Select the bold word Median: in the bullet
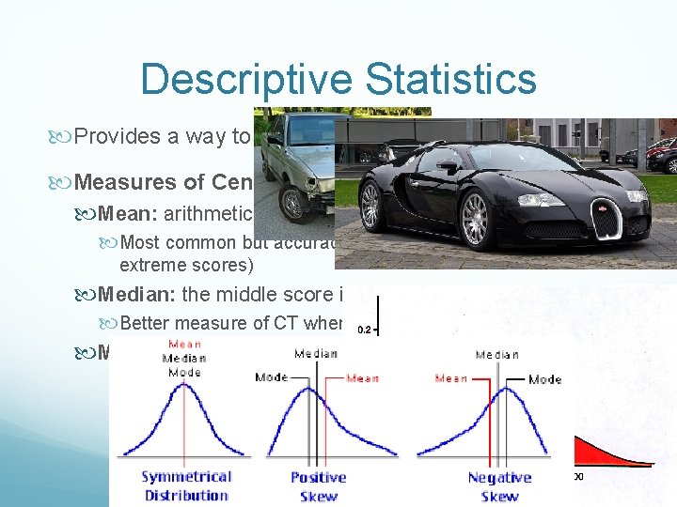[x=137, y=295]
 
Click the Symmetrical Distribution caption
[x=185, y=486]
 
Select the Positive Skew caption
[x=318, y=486]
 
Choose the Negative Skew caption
[x=499, y=486]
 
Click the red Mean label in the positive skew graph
[x=364, y=378]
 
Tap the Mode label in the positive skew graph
[x=273, y=377]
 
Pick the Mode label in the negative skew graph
[x=544, y=379]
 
